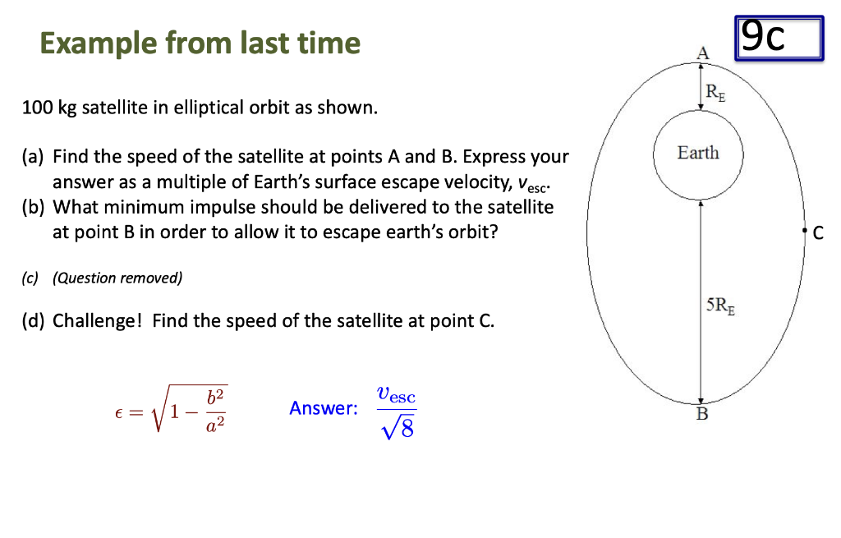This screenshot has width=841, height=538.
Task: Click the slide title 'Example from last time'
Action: [200, 43]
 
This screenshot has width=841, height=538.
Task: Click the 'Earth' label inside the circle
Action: [698, 153]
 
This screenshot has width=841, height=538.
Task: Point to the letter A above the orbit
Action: [701, 53]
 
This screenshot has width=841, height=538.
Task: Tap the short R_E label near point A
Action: [716, 91]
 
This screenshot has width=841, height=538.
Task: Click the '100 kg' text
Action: [48, 108]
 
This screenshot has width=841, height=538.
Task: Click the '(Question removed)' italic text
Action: [117, 278]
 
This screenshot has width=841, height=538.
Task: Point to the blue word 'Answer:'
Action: [324, 408]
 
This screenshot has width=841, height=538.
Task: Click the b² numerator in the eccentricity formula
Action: [216, 395]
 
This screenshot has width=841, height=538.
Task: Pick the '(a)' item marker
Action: [33, 156]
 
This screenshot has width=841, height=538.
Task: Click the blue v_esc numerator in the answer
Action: [397, 394]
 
